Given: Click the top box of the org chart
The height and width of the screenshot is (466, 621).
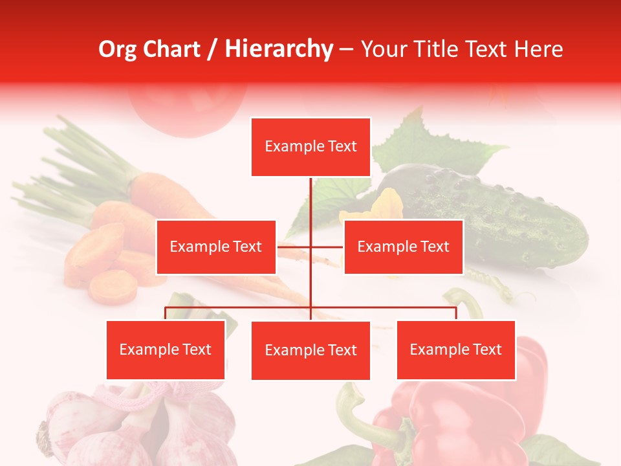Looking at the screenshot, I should tap(310, 147).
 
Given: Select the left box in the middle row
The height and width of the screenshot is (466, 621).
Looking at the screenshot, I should tap(216, 247).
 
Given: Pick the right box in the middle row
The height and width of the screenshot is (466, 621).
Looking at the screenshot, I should tap(403, 247).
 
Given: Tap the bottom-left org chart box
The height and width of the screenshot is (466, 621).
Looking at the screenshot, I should tap(166, 349).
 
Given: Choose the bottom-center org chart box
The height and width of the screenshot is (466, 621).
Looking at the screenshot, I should tap(310, 350).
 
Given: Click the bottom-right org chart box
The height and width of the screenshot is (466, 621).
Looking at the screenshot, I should tap(455, 349).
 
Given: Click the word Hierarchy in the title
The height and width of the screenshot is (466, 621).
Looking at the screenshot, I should tap(279, 49).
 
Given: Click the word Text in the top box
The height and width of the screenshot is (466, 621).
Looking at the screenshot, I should tap(341, 146).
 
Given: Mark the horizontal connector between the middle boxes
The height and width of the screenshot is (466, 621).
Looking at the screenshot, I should tap(310, 247).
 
